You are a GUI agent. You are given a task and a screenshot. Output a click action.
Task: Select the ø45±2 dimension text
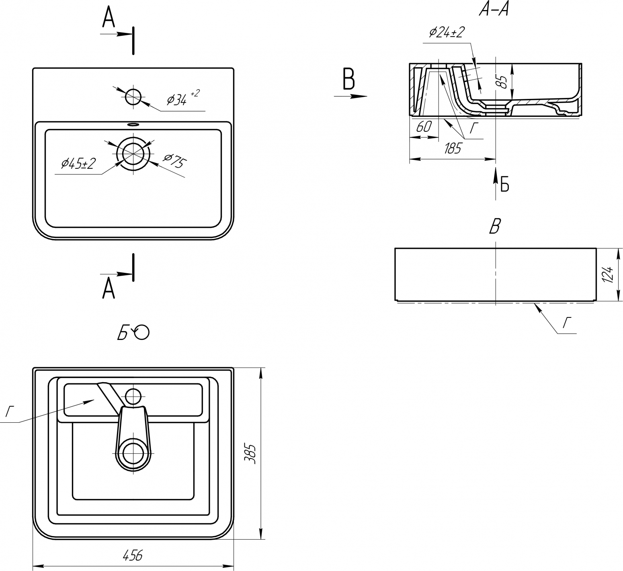[x=78, y=164]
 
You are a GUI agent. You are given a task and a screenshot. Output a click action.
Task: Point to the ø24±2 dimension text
[x=447, y=32]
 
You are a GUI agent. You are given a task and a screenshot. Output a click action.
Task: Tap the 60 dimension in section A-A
[x=424, y=127]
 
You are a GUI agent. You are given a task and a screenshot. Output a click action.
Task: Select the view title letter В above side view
[x=495, y=227]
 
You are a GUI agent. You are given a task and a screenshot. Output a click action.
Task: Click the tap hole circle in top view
[x=133, y=96]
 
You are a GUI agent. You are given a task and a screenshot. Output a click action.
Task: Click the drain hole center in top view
[x=133, y=153]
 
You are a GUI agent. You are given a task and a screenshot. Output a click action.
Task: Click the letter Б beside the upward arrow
[x=505, y=185]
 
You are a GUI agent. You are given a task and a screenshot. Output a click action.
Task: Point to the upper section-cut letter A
[x=108, y=17]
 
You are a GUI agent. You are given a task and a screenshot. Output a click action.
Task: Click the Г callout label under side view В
[x=567, y=322]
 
